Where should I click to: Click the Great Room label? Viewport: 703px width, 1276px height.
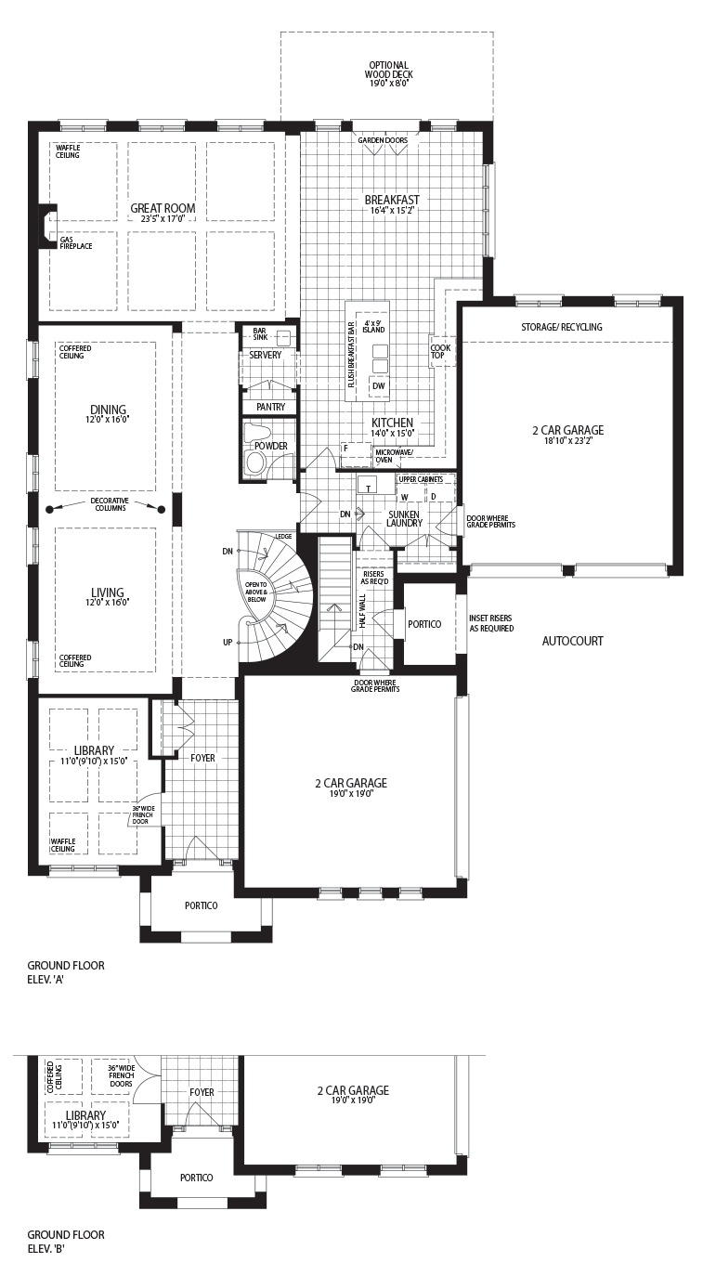tap(163, 209)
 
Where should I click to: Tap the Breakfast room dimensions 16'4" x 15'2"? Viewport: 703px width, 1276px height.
tap(392, 210)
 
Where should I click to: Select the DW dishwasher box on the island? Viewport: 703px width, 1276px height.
tap(379, 385)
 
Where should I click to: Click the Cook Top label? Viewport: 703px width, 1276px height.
tap(440, 351)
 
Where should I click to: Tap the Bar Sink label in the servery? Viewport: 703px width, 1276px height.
tap(260, 333)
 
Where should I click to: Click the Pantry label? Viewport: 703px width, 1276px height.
tap(270, 407)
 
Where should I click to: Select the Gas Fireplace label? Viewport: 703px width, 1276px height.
tap(76, 242)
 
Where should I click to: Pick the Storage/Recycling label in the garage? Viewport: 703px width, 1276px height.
tap(562, 327)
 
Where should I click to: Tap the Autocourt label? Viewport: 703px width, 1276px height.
tap(573, 641)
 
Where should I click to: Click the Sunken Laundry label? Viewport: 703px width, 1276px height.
tap(404, 518)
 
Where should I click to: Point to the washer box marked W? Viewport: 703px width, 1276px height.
tap(405, 497)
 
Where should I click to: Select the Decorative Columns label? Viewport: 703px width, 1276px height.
tap(111, 504)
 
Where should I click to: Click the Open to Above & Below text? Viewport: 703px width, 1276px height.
tap(255, 592)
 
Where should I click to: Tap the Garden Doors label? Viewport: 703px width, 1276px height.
tap(383, 140)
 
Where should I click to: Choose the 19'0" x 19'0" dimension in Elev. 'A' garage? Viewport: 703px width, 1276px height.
tap(351, 793)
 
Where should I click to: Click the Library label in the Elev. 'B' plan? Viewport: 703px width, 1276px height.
tap(85, 1114)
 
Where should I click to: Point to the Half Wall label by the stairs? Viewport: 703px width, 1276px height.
tap(362, 611)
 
